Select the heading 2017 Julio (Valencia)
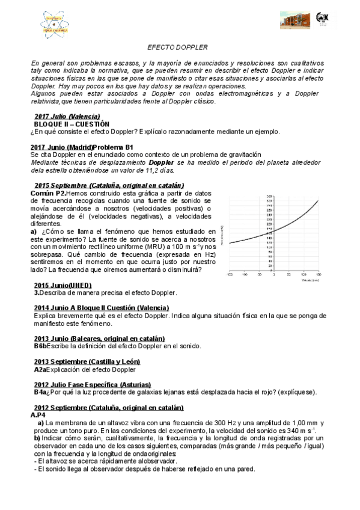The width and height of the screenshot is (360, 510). point(67,115)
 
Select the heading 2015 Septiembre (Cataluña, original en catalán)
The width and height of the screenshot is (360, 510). point(109,185)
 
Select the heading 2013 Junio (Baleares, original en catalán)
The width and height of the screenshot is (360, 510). point(99,339)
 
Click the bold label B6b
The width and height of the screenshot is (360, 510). point(40,346)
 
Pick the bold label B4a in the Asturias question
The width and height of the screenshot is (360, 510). point(40,392)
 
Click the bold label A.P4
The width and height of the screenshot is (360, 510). point(37,415)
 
